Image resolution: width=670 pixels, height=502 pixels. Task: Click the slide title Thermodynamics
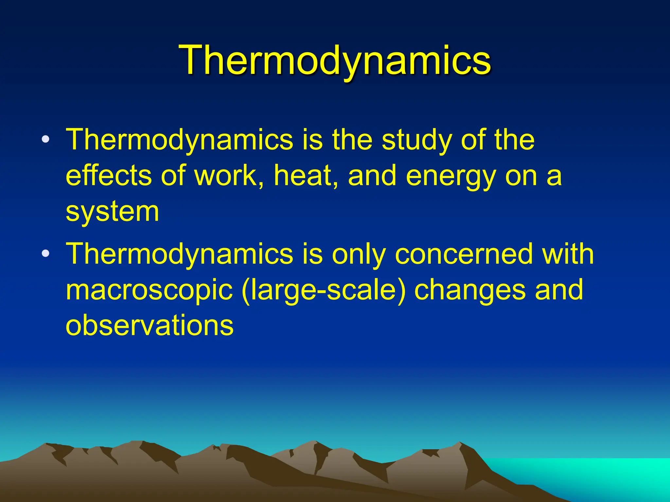[335, 60]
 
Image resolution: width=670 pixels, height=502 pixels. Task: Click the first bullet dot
[46, 140]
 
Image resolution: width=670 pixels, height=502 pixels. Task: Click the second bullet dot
[46, 254]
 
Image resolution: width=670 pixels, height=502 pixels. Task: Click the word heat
[306, 176]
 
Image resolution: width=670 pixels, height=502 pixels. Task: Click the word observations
[150, 325]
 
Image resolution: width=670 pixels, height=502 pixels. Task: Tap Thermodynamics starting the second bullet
[179, 254]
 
